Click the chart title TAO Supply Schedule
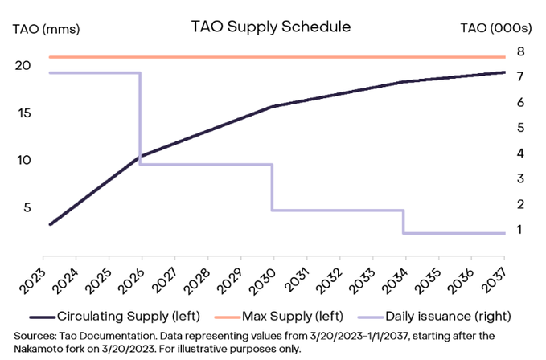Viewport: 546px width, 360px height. pos(270,26)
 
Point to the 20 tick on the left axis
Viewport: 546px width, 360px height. pos(23,65)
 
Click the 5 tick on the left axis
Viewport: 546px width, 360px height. pos(27,207)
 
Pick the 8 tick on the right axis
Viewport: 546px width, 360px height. pos(521,51)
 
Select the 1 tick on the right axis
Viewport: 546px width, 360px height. pos(521,230)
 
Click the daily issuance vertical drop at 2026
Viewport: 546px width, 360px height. pos(141,121)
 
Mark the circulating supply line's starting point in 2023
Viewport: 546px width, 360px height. pos(50,224)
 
